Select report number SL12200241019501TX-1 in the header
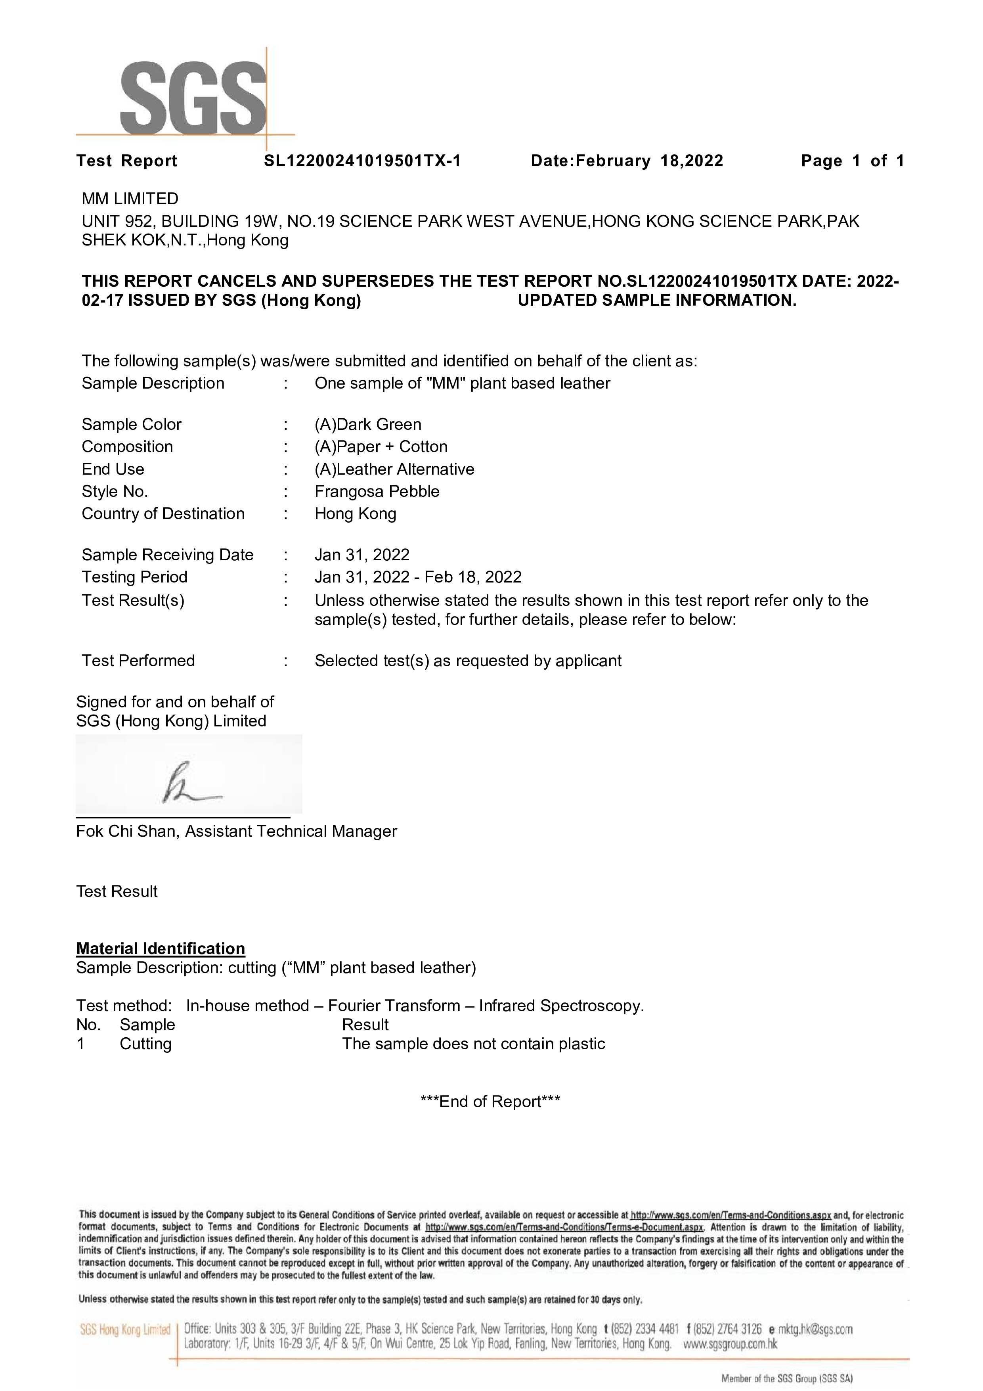pyautogui.click(x=362, y=161)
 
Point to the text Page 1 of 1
pyautogui.click(x=852, y=161)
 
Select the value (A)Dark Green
pyautogui.click(x=368, y=424)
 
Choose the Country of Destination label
pyautogui.click(x=163, y=514)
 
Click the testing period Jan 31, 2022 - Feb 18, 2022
pyautogui.click(x=418, y=577)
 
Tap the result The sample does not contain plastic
pyautogui.click(x=474, y=1044)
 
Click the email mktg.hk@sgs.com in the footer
pyautogui.click(x=815, y=1329)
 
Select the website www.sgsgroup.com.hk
pyautogui.click(x=730, y=1344)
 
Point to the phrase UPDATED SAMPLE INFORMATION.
pyautogui.click(x=657, y=301)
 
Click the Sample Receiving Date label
pyautogui.click(x=168, y=555)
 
